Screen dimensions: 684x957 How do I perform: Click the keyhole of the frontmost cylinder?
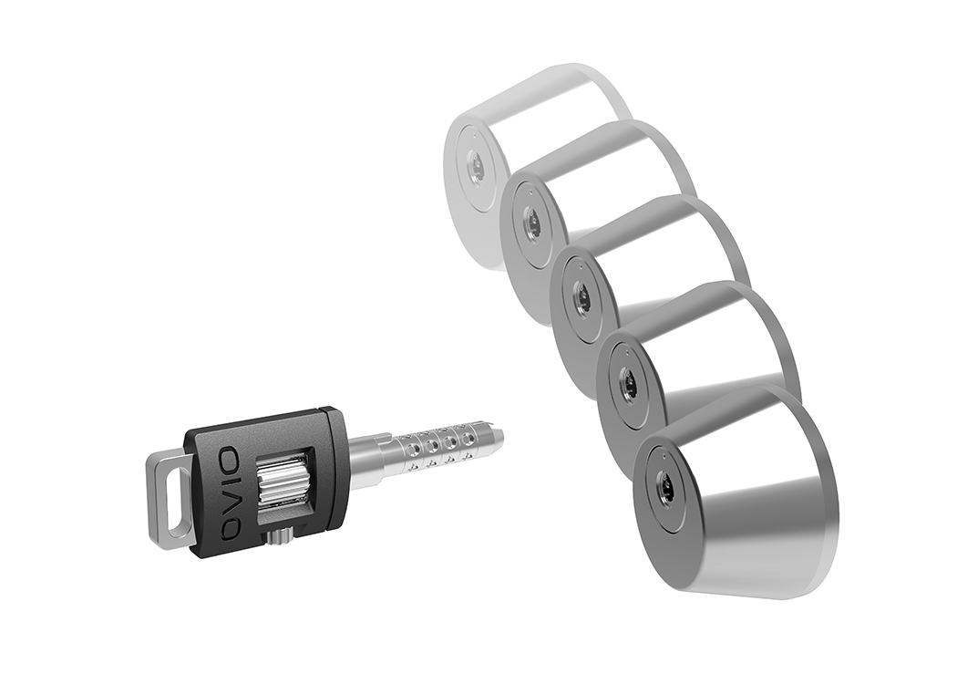tap(667, 490)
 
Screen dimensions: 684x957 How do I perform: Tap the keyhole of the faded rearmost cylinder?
tap(475, 165)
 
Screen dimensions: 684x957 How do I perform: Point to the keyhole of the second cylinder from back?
tap(531, 222)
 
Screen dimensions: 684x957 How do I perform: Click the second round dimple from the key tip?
tap(449, 442)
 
